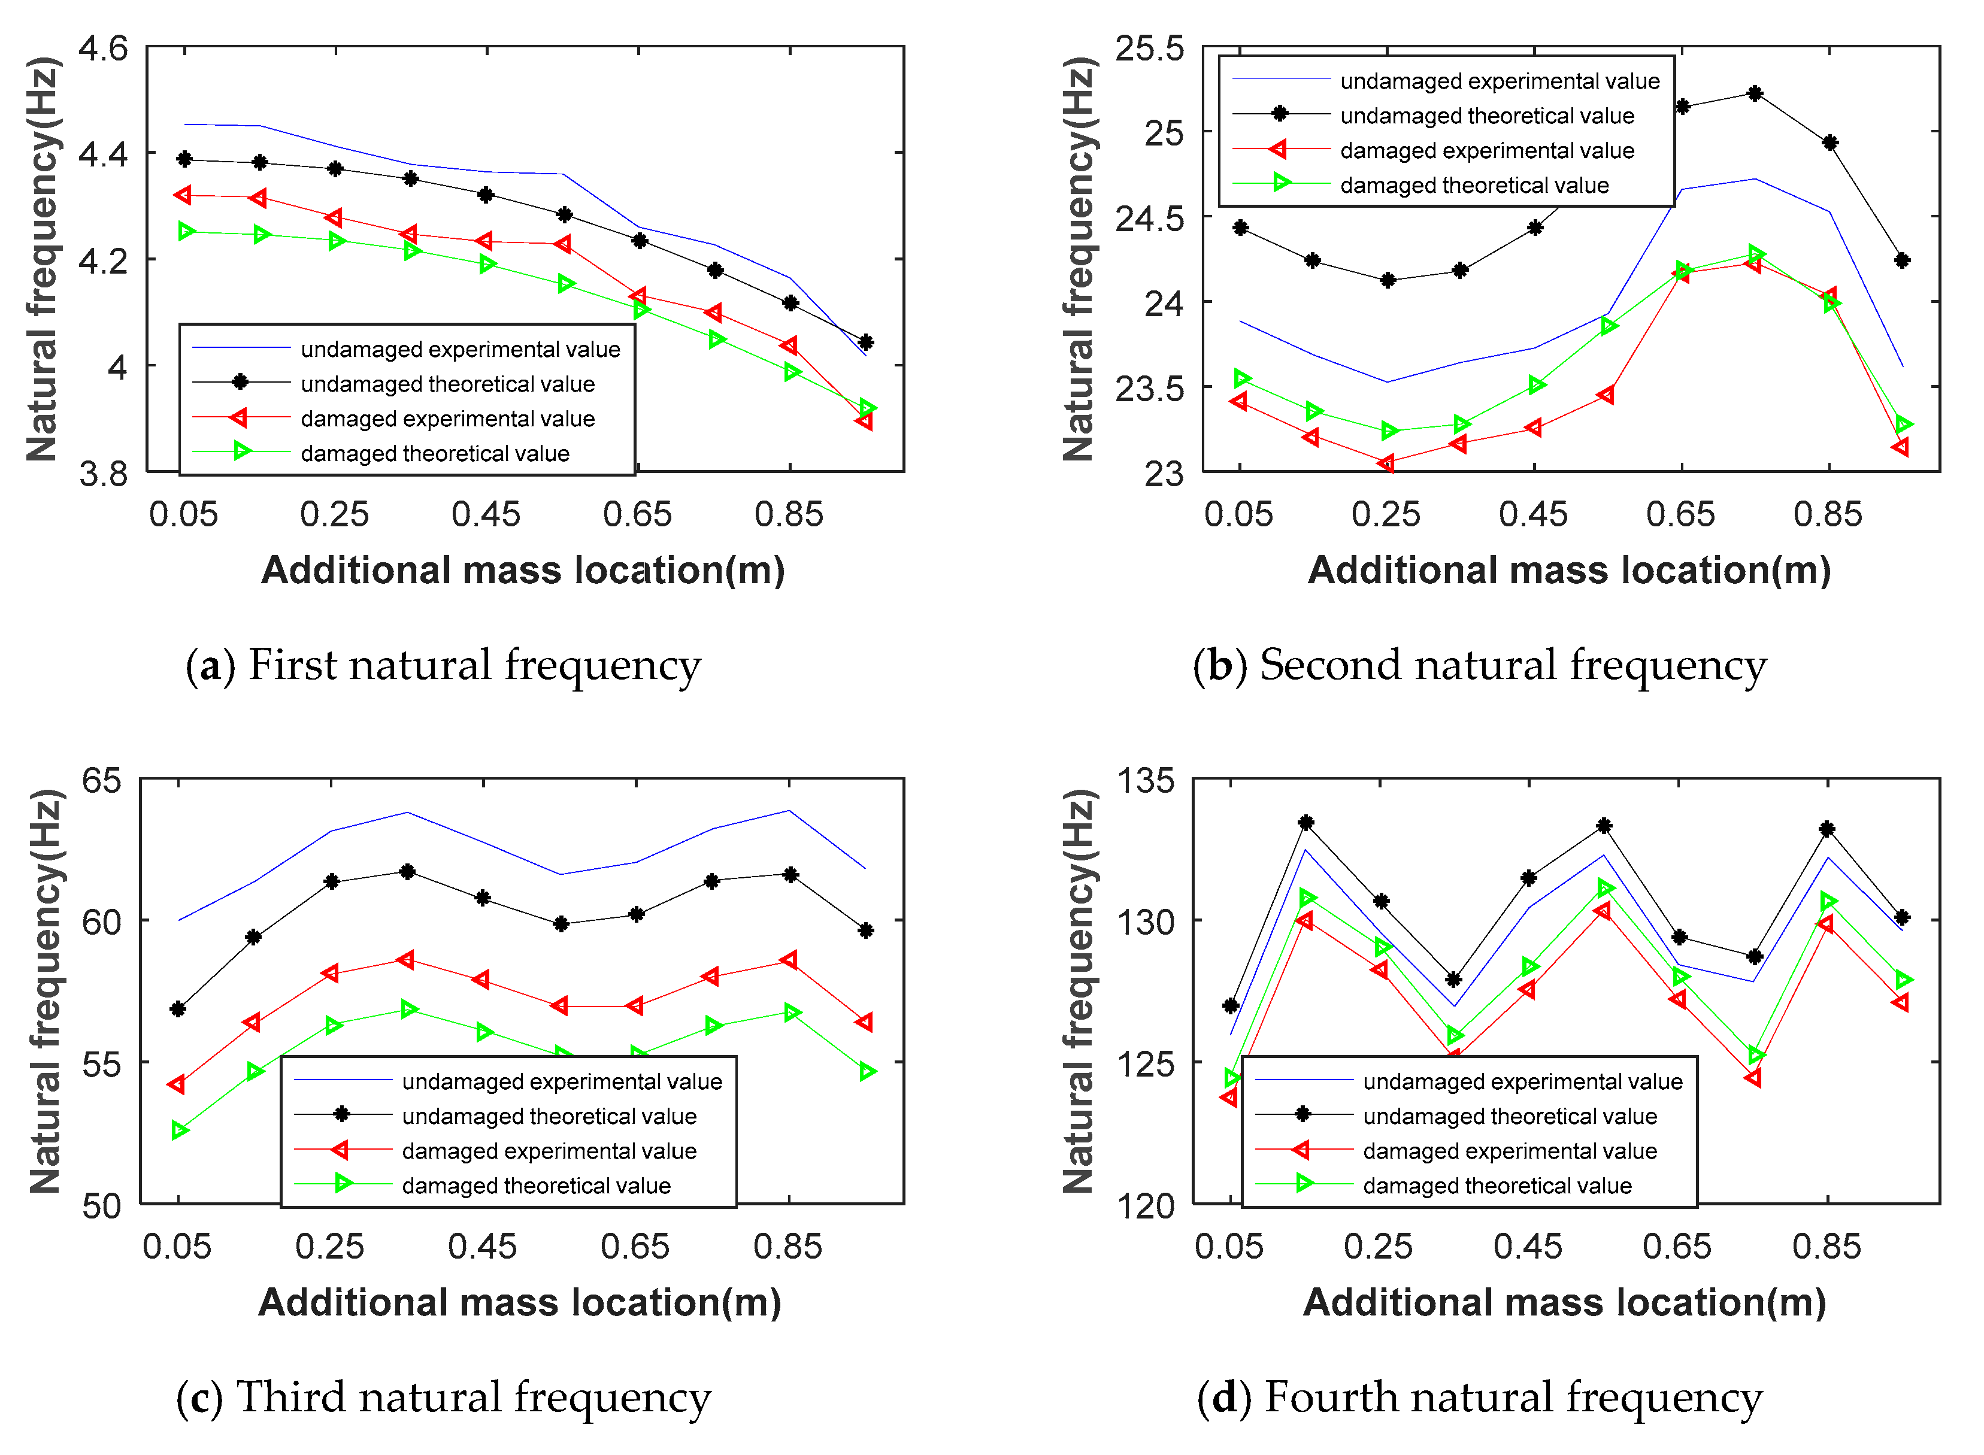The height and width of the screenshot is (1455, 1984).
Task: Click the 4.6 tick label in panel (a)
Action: (103, 48)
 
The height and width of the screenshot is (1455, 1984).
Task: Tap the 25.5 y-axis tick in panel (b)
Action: (1150, 48)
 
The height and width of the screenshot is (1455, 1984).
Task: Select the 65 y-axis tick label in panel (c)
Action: (101, 780)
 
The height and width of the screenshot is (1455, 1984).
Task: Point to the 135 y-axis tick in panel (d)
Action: (1145, 780)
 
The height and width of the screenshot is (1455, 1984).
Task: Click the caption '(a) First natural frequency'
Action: (443, 665)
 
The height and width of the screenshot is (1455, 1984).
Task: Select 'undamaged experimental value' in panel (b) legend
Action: (1500, 81)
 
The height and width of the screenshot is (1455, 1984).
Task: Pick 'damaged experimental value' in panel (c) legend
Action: (549, 1151)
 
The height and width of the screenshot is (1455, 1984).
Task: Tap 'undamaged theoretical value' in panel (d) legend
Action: (1510, 1117)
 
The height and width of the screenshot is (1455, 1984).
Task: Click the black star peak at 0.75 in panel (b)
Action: (1755, 93)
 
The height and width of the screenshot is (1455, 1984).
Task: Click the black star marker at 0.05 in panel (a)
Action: (184, 159)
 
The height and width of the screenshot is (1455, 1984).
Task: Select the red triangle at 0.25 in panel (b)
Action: (1387, 463)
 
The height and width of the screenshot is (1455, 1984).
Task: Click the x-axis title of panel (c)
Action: (520, 1303)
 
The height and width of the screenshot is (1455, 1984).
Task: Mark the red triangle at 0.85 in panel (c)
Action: (789, 960)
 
